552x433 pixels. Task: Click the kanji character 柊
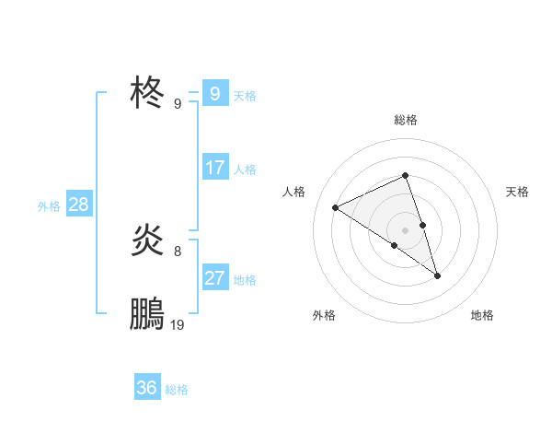[148, 93]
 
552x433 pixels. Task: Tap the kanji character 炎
[148, 240]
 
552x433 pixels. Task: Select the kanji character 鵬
[148, 314]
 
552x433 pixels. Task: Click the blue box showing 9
[214, 94]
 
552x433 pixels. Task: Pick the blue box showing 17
[214, 168]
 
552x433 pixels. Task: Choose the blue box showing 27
[214, 278]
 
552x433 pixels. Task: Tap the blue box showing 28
[78, 205]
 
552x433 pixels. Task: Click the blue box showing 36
[147, 388]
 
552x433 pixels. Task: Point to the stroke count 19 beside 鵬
[178, 325]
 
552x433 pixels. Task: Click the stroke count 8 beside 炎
[178, 251]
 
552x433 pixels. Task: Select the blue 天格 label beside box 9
[245, 95]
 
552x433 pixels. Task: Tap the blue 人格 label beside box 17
[245, 169]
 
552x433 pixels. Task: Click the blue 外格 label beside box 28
[49, 205]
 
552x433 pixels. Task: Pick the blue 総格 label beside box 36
[177, 389]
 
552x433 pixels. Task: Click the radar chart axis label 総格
[406, 120]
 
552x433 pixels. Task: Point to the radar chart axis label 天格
[517, 192]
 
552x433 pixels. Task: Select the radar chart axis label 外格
[324, 315]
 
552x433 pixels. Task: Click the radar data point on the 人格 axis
[336, 208]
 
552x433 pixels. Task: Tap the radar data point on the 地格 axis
[438, 275]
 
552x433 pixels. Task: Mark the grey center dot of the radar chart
[406, 229]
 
